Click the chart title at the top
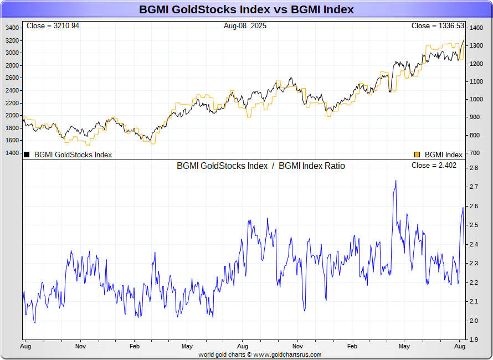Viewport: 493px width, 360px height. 247,10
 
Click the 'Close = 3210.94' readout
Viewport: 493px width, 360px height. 53,26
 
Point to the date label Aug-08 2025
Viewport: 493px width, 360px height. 245,26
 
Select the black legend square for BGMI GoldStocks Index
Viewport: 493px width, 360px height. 27,155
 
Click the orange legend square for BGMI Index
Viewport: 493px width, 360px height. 417,155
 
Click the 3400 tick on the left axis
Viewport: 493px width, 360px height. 12,28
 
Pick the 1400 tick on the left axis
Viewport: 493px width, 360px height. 12,153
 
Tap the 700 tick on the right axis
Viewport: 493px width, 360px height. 475,153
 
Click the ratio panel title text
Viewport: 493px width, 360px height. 260,166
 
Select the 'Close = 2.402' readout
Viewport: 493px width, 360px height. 434,166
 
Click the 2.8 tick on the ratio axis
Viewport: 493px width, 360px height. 474,168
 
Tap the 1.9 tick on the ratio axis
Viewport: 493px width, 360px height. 474,340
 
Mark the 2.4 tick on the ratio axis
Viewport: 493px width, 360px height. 474,244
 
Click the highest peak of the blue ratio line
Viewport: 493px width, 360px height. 396,181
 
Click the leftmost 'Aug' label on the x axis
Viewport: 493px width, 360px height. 25,346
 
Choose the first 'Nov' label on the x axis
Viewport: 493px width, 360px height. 81,346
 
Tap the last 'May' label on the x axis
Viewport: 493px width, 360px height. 404,346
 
